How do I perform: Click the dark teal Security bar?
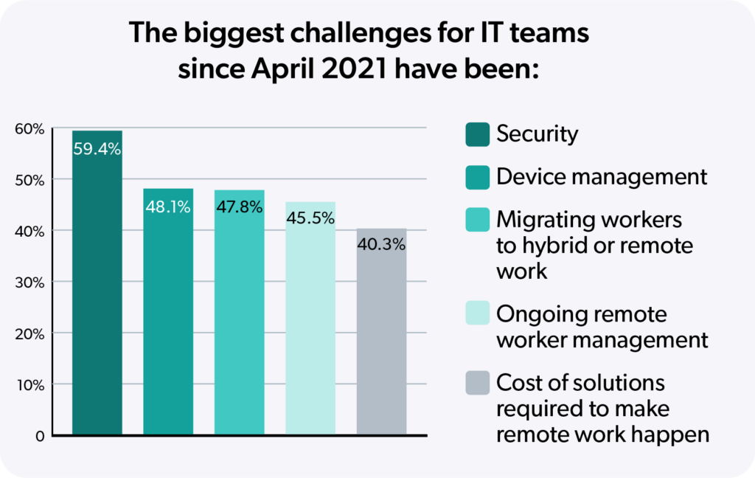click(97, 295)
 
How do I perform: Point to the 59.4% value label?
click(97, 149)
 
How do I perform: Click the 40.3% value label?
click(381, 244)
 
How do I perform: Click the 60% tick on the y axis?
click(30, 129)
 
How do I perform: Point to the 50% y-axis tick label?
click(30, 180)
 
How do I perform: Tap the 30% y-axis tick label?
click(30, 283)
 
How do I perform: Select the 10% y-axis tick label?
click(30, 384)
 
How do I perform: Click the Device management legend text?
click(602, 177)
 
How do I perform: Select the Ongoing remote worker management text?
click(602, 327)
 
